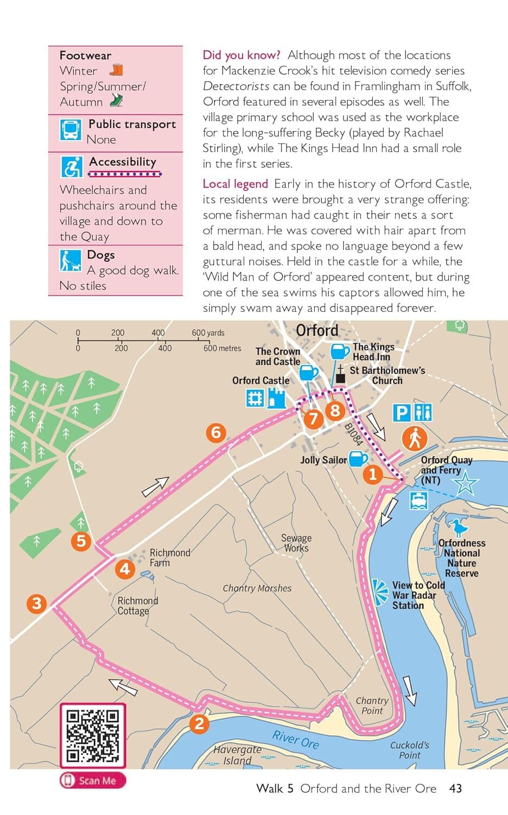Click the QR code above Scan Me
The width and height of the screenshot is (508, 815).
(x=92, y=735)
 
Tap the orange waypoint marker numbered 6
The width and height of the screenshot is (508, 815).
(x=216, y=432)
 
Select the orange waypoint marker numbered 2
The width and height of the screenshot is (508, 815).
(x=199, y=723)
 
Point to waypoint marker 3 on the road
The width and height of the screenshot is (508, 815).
(x=36, y=603)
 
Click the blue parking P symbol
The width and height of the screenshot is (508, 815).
(x=401, y=413)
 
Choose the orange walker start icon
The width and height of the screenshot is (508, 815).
(x=415, y=438)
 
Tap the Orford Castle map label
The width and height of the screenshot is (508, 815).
(x=261, y=381)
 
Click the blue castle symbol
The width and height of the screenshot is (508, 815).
(x=277, y=399)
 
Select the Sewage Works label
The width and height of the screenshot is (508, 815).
(x=296, y=543)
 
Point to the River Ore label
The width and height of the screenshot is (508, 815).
(x=295, y=739)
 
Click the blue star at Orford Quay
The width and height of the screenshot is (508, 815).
(x=465, y=483)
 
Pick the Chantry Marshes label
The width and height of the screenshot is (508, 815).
(x=257, y=588)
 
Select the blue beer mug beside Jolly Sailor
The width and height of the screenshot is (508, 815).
(x=358, y=459)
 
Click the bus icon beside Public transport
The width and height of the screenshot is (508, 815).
(x=71, y=130)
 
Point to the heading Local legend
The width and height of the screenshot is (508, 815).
(x=235, y=184)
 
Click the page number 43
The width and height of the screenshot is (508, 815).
(x=455, y=788)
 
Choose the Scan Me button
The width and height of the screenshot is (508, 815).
(x=92, y=781)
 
